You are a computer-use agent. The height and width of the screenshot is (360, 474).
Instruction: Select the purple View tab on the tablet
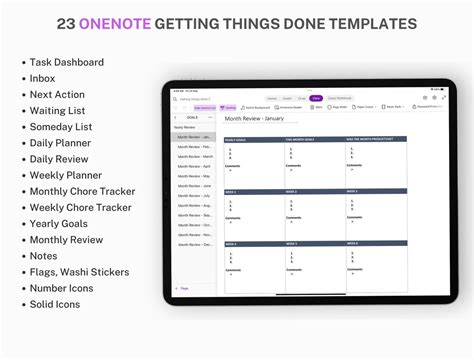pos(316,98)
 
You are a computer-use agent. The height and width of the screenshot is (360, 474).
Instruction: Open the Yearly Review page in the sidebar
pos(186,127)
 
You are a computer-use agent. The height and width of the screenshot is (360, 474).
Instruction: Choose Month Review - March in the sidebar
pos(194,156)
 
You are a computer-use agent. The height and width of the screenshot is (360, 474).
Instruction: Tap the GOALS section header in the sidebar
pos(192,117)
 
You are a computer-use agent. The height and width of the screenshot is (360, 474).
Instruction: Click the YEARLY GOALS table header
pos(236,139)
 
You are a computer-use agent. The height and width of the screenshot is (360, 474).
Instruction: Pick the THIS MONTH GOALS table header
pos(299,139)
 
